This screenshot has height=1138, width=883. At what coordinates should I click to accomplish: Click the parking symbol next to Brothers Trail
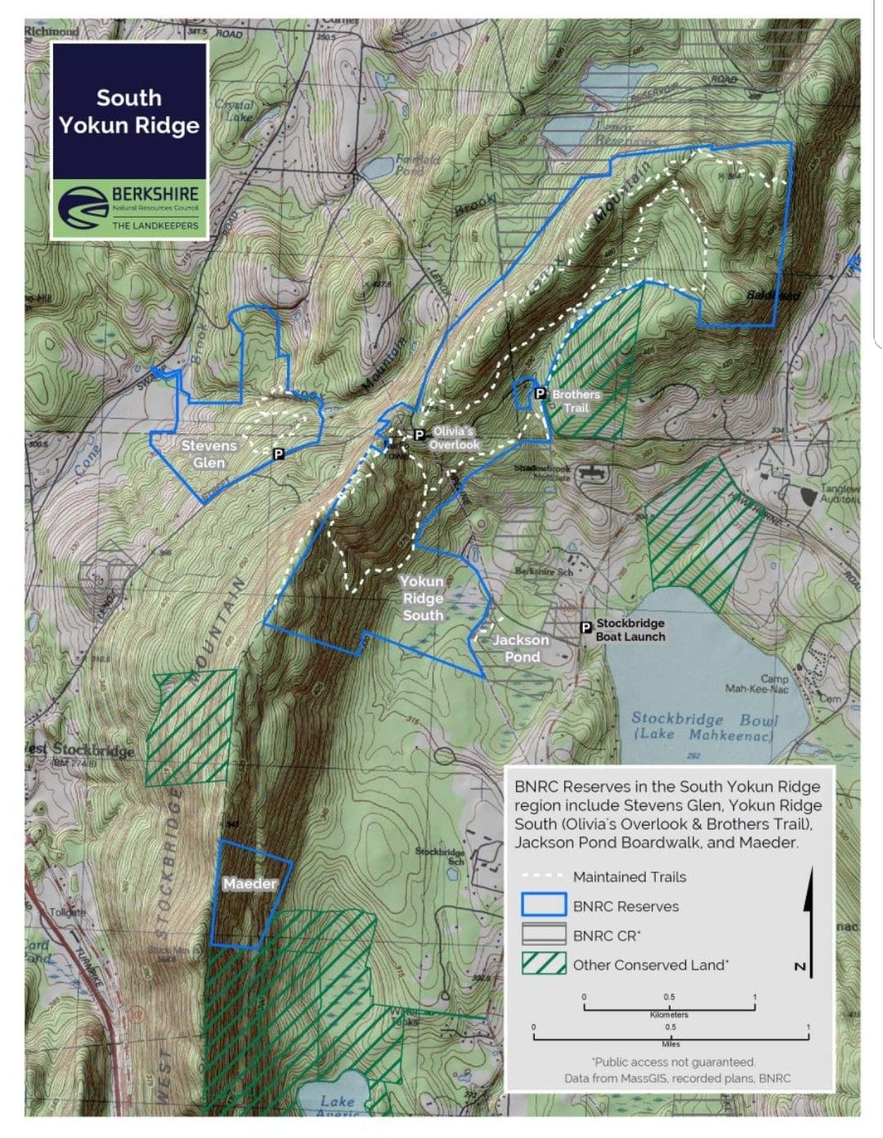pyautogui.click(x=540, y=393)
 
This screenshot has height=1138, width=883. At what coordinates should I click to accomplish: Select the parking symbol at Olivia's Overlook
pyautogui.click(x=419, y=435)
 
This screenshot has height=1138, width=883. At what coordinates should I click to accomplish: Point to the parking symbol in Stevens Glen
pyautogui.click(x=278, y=453)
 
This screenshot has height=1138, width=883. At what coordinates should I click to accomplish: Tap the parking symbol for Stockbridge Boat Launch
pyautogui.click(x=585, y=627)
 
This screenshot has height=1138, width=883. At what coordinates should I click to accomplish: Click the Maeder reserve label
pyautogui.click(x=249, y=883)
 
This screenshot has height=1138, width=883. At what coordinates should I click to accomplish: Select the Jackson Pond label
pyautogui.click(x=521, y=647)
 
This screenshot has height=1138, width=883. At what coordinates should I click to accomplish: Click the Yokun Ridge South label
pyautogui.click(x=422, y=598)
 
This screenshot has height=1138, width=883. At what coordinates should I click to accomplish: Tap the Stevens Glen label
pyautogui.click(x=208, y=454)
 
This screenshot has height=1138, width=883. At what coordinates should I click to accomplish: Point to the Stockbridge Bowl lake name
pyautogui.click(x=704, y=725)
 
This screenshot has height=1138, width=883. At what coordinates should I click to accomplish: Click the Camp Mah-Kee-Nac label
pyautogui.click(x=757, y=683)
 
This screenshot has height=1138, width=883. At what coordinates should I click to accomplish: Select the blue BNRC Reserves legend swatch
pyautogui.click(x=544, y=905)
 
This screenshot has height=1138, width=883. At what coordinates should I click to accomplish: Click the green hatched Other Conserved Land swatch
pyautogui.click(x=544, y=964)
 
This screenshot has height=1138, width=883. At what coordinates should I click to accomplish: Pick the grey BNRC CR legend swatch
pyautogui.click(x=544, y=934)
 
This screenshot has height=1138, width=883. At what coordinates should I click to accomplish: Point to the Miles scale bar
pyautogui.click(x=670, y=1034)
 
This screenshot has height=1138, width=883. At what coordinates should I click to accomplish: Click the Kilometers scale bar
pyautogui.click(x=669, y=1005)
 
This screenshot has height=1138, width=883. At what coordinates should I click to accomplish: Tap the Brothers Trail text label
pyautogui.click(x=576, y=401)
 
